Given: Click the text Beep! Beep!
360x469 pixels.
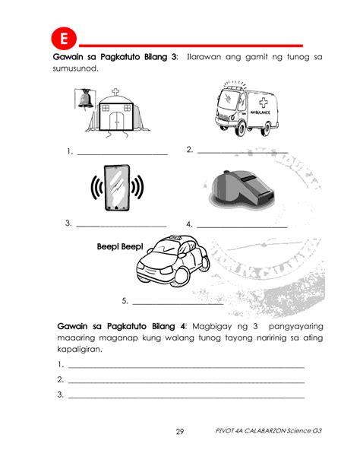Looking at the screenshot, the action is pos(120,247).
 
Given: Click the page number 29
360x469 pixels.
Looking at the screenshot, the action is pos(180,432).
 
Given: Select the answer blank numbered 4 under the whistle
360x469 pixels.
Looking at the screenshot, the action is pos(242,225).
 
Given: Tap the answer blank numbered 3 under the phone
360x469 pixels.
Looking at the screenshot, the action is pos(121,224).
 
